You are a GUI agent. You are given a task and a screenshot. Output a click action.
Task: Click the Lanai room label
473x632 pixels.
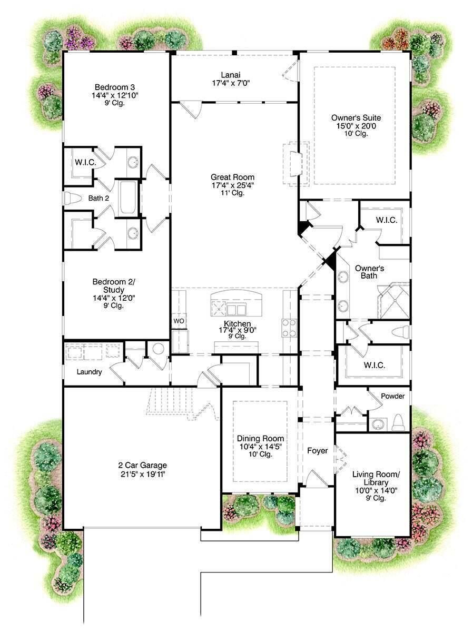tap(230, 75)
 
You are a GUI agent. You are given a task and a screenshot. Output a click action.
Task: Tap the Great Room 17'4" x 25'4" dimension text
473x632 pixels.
tap(233, 185)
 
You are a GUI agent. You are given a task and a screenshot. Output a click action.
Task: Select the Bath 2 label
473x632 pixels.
tap(98, 198)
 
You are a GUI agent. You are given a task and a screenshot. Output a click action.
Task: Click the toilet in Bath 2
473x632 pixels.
tap(70, 199)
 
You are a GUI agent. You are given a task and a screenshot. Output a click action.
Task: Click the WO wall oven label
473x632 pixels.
tap(179, 321)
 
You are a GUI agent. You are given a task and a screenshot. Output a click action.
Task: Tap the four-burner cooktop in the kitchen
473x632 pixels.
tap(289, 328)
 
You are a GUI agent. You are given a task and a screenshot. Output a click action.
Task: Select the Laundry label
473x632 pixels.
tap(89, 372)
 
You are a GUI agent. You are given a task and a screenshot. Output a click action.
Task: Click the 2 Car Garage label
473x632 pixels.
tap(142, 465)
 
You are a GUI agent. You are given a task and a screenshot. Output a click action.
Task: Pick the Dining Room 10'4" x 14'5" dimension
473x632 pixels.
tap(260, 447)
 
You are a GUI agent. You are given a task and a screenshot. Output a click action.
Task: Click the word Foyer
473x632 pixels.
tap(317, 451)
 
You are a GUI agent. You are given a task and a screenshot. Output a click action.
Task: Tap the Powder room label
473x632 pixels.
tap(393, 396)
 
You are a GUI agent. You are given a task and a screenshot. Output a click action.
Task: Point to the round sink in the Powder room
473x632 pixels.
tap(378, 424)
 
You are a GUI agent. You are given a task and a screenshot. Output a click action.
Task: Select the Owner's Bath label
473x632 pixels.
tap(369, 272)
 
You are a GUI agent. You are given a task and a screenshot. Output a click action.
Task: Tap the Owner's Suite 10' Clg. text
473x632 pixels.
tap(356, 134)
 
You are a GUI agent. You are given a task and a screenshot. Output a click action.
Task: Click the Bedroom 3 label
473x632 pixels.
tap(115, 87)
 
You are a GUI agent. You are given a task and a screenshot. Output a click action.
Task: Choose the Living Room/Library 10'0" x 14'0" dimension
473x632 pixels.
tap(376, 490)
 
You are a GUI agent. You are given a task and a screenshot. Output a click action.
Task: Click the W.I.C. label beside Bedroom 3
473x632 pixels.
tap(85, 162)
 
